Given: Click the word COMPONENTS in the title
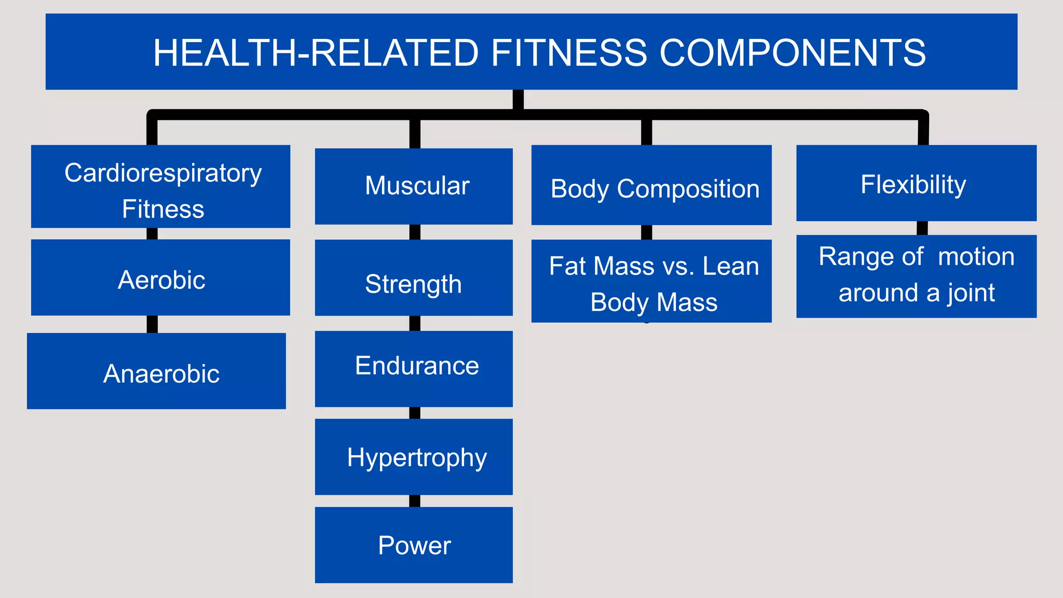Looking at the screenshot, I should [793, 53].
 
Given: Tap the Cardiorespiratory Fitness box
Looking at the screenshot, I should [160, 186].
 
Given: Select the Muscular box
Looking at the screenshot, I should [414, 186].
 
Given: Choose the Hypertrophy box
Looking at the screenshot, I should [414, 457].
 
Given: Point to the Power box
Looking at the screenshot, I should [414, 545].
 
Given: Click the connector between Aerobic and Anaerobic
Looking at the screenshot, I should [152, 324].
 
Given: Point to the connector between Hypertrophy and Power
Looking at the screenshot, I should [415, 501].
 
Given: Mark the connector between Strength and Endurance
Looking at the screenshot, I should [415, 323].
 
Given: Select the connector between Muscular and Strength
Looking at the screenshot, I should [415, 232].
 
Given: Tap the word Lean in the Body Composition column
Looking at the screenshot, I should [730, 266].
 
